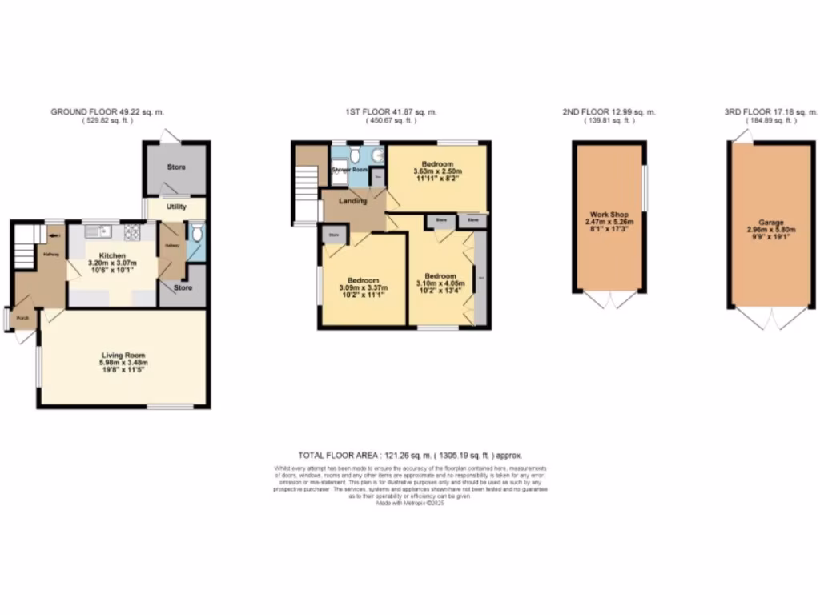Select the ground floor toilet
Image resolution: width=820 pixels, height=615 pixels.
[197, 234]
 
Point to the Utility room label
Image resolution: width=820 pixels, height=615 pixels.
[176, 207]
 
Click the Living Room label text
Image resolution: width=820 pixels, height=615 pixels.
[123, 355]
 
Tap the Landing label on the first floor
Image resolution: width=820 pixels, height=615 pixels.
[353, 201]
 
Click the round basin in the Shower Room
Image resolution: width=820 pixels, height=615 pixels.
[375, 155]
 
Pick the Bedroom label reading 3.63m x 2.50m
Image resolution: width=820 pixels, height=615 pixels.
[438, 164]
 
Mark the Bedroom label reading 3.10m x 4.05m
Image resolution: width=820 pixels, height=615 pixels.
[440, 275]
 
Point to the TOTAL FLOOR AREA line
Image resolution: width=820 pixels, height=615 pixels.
[409, 455]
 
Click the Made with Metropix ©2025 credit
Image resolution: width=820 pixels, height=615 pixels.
[409, 504]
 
